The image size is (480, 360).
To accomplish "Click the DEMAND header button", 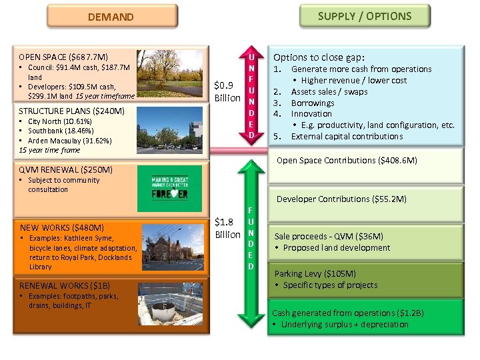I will pos(111,17).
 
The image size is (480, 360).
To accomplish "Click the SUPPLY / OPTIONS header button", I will pos(364,16).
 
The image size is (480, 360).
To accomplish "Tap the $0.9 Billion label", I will pos(227,91).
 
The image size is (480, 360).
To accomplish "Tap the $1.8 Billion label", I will pos(227,228).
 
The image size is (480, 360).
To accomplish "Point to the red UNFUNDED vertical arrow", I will pos(251,93).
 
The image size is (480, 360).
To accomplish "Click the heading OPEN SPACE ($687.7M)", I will pos(64,57).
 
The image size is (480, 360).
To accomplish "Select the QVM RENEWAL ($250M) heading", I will pos(66,170).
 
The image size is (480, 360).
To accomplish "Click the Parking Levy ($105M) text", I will pos(316,273).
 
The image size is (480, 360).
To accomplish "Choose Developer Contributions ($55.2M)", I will pos(341,199).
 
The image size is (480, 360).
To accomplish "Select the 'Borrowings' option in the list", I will pos(313,103).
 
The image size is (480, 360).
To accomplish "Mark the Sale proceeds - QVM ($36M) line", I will pos(329,236).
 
